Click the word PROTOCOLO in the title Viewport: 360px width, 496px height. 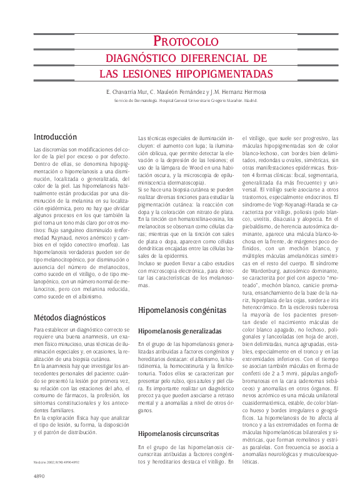pyautogui.click(x=184, y=42)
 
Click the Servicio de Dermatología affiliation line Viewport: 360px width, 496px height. pyautogui.click(x=186, y=99)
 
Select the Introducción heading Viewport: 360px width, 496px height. pyautogui.click(x=55, y=136)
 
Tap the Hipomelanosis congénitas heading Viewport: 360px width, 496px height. pyautogui.click(x=182, y=310)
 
